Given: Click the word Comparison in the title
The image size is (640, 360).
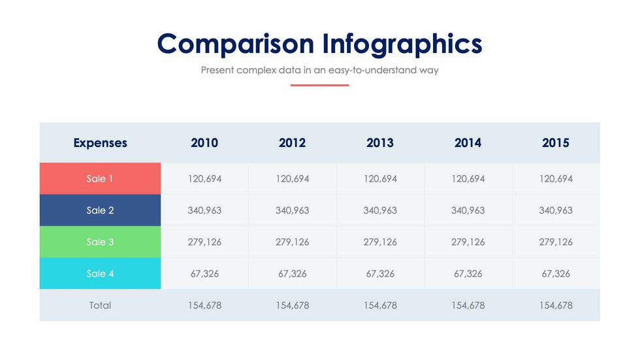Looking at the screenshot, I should [235, 44].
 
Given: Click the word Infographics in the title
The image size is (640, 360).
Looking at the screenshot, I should [402, 44].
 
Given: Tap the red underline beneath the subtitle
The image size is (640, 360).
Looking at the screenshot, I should [319, 85].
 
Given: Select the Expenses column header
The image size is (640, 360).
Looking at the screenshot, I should [100, 142].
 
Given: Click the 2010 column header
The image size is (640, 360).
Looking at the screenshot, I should [204, 142].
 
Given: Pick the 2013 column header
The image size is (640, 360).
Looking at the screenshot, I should [380, 142].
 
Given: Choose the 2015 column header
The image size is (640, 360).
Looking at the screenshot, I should [556, 142].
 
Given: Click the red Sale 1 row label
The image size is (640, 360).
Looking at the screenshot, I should [100, 178].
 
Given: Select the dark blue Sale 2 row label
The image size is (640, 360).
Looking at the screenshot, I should [100, 210].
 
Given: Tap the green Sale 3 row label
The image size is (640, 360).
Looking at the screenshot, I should [100, 242].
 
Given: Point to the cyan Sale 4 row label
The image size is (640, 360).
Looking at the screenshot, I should [100, 274].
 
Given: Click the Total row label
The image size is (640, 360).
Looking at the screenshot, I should [100, 305].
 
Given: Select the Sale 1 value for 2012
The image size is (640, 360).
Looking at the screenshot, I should [293, 178].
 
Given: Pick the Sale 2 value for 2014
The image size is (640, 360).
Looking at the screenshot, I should [468, 210].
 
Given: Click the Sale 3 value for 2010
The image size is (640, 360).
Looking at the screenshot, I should [204, 242].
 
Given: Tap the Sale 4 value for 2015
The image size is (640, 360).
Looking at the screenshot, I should [556, 274].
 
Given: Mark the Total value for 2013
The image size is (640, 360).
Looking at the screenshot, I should [380, 305].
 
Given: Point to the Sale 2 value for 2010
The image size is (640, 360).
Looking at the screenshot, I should [204, 210].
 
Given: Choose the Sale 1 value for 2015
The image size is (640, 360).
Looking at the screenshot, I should [556, 178].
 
